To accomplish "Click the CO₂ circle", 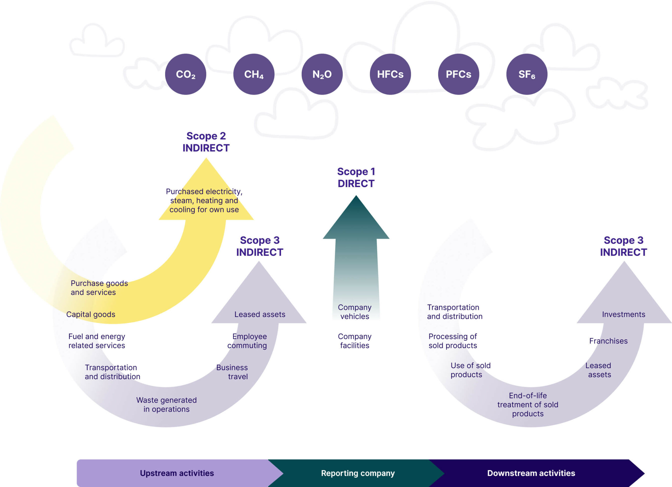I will (x=186, y=74).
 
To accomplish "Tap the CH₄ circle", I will (x=254, y=74).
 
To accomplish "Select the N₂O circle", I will (x=322, y=74).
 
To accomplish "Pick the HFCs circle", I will (x=390, y=74).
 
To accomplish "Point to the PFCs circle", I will (x=458, y=74).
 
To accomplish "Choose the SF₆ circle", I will (x=527, y=74).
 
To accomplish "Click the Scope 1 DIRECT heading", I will (x=356, y=177).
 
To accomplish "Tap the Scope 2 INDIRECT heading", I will (x=206, y=142).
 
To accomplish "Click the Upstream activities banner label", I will (x=177, y=473).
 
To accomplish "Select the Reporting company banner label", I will (x=358, y=473).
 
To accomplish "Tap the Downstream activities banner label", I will (x=531, y=473).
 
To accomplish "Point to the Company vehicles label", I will (x=354, y=312).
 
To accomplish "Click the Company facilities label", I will (x=354, y=341).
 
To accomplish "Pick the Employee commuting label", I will (x=248, y=341).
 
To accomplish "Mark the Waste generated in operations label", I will (x=166, y=404).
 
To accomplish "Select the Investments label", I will (x=623, y=314).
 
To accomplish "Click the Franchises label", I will (x=608, y=341).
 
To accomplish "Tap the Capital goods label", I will (x=91, y=314).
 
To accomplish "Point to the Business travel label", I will (x=232, y=372).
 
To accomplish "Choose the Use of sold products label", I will (x=470, y=370).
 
